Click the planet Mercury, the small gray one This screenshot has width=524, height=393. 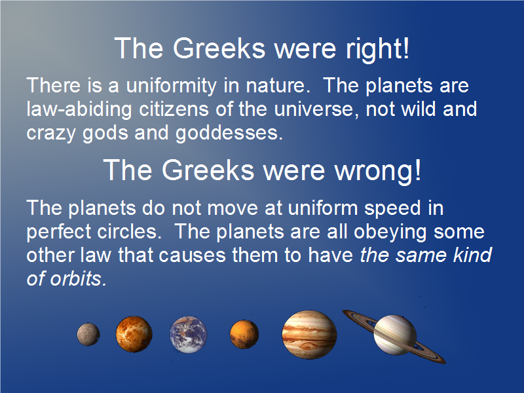(88, 334)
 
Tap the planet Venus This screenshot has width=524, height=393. (134, 334)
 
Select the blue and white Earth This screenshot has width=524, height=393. (188, 335)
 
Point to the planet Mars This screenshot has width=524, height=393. (244, 334)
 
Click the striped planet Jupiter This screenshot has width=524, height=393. (309, 335)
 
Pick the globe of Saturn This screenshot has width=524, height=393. (395, 335)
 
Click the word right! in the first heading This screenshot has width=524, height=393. (377, 48)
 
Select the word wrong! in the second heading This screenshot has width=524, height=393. (378, 171)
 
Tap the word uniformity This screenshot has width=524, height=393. (171, 86)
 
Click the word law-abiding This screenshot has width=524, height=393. (79, 110)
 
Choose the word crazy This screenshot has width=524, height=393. (51, 134)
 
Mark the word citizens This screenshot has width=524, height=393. (174, 109)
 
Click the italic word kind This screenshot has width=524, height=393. (472, 255)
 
